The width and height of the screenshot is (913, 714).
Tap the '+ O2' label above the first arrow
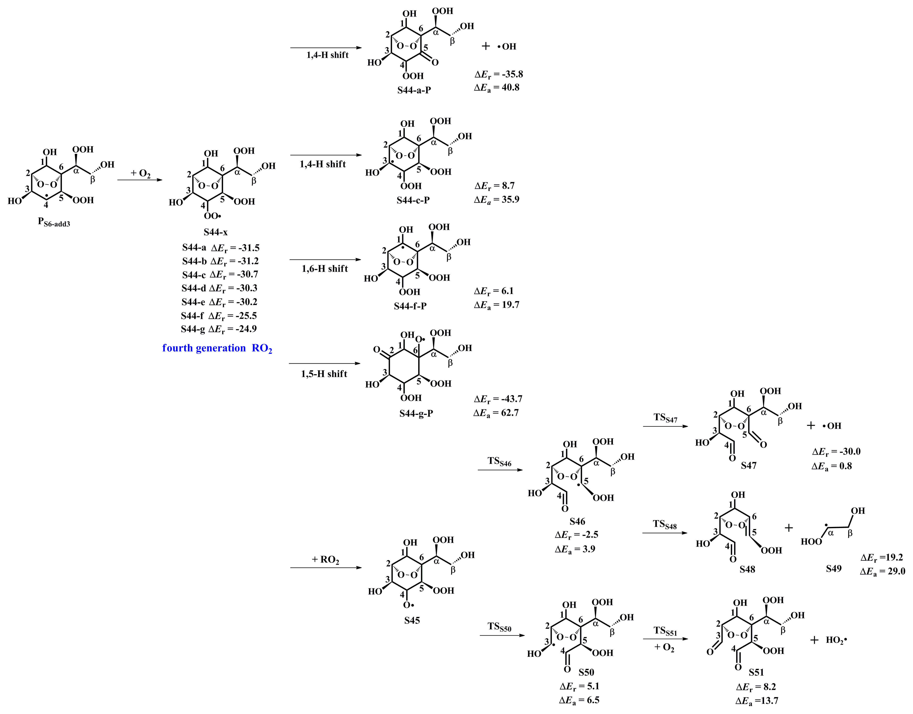[140, 173]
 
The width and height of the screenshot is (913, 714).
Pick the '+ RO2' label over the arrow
[325, 560]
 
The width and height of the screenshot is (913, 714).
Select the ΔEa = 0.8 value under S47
[832, 466]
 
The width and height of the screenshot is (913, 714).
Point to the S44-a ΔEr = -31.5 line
[221, 248]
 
